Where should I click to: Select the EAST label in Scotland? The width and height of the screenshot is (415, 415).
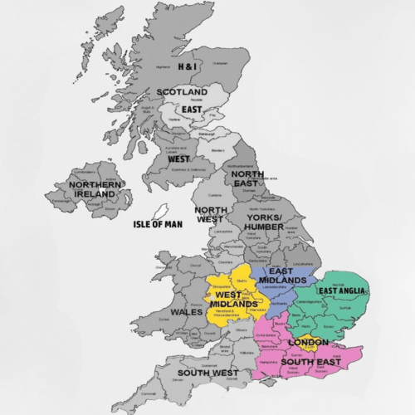click(x=192, y=109)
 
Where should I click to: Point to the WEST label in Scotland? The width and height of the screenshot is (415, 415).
click(x=178, y=159)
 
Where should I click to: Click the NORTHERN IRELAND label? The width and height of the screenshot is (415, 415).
click(x=92, y=189)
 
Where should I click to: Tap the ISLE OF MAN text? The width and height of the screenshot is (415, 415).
click(x=158, y=224)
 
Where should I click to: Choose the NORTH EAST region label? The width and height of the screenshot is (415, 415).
click(x=248, y=178)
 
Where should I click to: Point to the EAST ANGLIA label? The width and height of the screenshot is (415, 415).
click(x=343, y=291)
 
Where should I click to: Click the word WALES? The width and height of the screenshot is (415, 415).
click(x=186, y=312)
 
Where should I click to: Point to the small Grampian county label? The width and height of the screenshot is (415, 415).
click(x=218, y=62)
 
